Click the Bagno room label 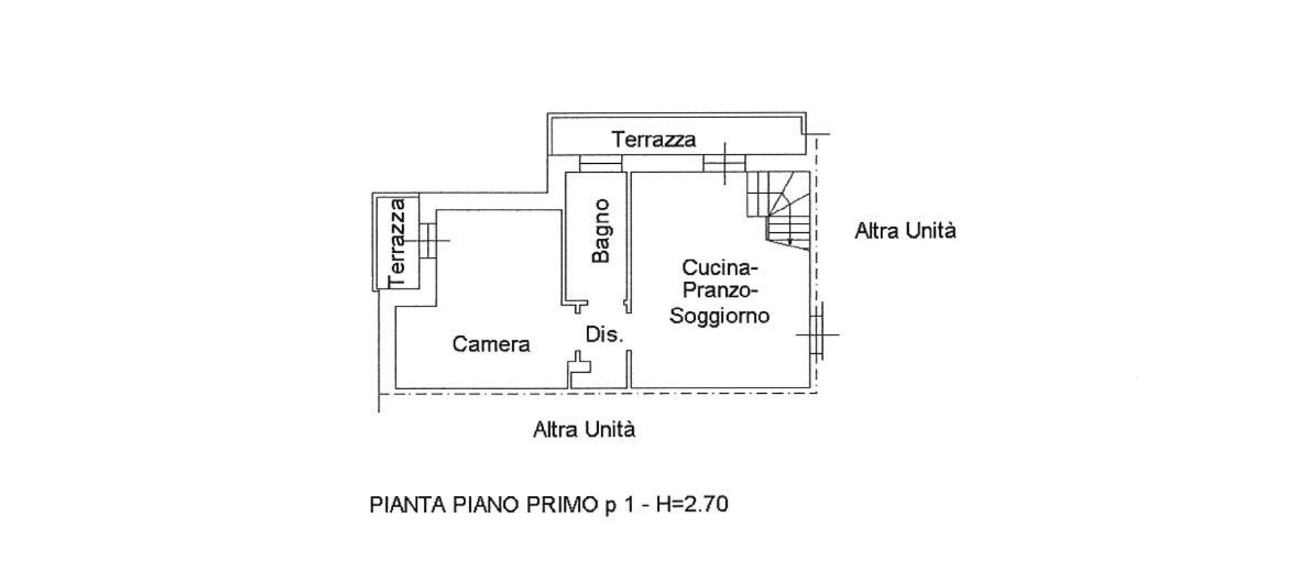tap(601, 231)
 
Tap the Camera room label tap(491, 344)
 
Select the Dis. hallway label tap(604, 334)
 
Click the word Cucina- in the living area tap(720, 267)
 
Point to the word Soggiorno tap(719, 316)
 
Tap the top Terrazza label tap(653, 140)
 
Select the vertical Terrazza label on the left tap(397, 242)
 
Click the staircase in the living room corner tap(779, 207)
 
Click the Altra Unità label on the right tap(905, 231)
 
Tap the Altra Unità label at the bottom tap(584, 430)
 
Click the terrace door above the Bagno tap(601, 163)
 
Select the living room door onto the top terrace tap(725, 163)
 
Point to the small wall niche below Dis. tap(579, 366)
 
